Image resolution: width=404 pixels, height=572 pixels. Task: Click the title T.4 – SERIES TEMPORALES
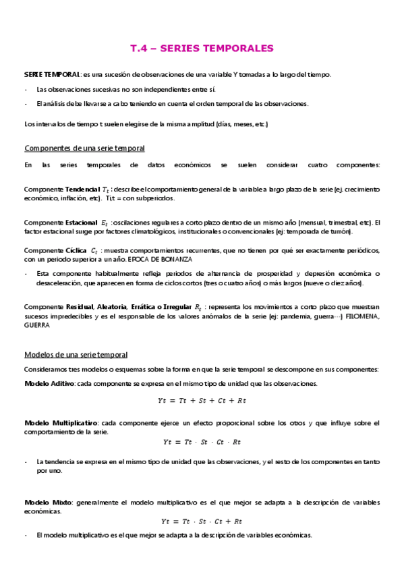click(x=202, y=49)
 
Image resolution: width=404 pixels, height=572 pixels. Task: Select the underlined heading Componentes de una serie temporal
click(x=84, y=148)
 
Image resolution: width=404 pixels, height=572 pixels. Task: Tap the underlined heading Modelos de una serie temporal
click(x=76, y=355)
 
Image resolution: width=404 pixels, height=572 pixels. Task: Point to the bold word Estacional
click(x=81, y=223)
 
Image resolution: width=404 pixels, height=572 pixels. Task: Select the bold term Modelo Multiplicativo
click(x=61, y=422)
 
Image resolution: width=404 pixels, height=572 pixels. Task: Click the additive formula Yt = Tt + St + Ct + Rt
click(x=202, y=401)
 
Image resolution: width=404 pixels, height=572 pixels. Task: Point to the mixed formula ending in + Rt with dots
click(x=202, y=521)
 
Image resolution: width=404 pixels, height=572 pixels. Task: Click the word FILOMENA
click(x=363, y=316)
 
